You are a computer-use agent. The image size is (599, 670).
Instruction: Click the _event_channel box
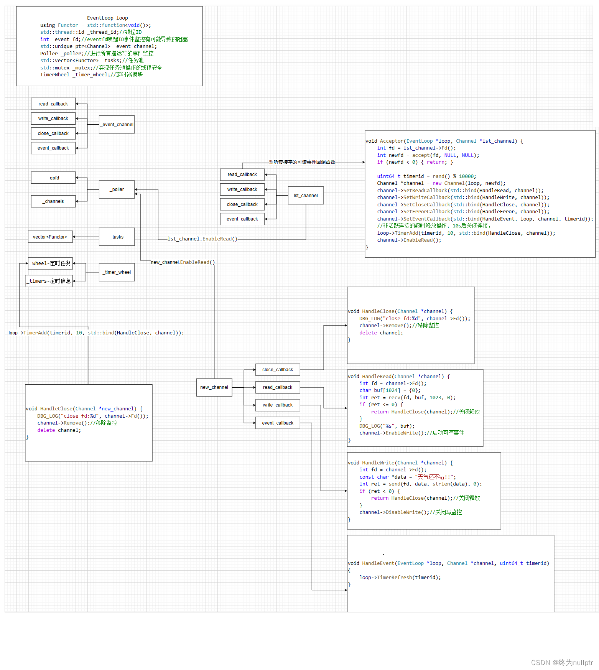[117, 125]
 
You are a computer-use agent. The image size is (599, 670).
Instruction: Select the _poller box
[117, 189]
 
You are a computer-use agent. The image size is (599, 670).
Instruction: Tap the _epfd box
[53, 178]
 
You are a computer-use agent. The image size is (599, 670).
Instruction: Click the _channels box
[53, 201]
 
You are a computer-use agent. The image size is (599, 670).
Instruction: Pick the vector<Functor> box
[50, 237]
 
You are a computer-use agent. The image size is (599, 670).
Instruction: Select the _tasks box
[117, 237]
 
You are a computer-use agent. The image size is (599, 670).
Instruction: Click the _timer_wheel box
[117, 272]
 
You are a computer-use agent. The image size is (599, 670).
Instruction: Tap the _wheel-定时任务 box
[50, 263]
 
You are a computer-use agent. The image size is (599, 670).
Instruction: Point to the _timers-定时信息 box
[49, 281]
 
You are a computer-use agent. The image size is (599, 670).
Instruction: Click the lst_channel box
[306, 196]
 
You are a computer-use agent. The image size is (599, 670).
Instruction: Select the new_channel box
[214, 387]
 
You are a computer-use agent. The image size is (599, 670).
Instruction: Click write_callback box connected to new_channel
[278, 405]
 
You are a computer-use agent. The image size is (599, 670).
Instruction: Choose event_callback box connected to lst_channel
[242, 219]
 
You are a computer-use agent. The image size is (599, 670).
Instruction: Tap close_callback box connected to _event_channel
[53, 133]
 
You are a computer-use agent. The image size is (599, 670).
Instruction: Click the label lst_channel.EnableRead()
[202, 239]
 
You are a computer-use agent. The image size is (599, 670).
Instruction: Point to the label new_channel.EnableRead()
[183, 262]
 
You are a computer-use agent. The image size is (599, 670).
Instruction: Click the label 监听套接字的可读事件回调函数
[302, 162]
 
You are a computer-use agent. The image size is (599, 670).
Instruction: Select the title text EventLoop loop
[107, 18]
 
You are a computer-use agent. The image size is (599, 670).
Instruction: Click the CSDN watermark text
[562, 663]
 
